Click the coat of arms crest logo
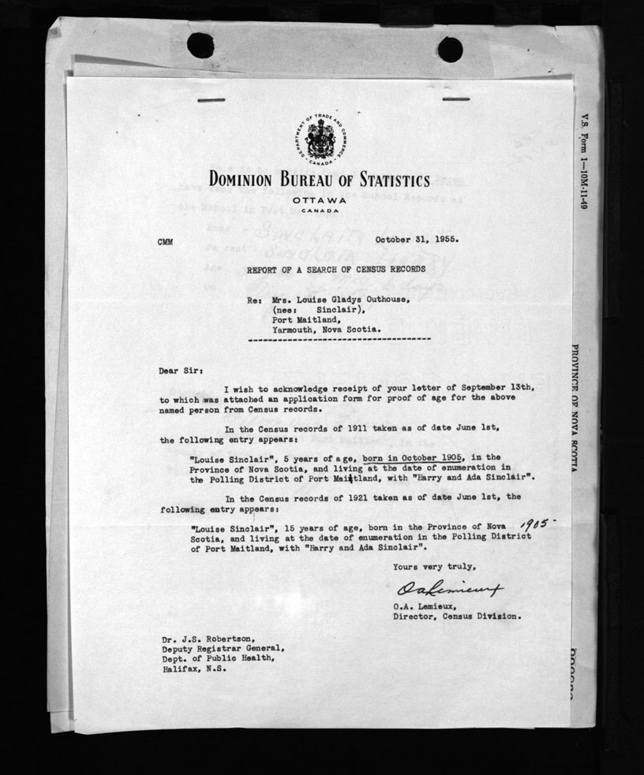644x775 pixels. [320, 139]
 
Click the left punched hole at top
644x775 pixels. [200, 44]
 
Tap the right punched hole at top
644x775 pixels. [450, 49]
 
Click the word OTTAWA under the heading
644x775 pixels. [320, 199]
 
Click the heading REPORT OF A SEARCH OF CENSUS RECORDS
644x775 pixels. [336, 270]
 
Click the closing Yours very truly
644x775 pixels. [434, 566]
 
